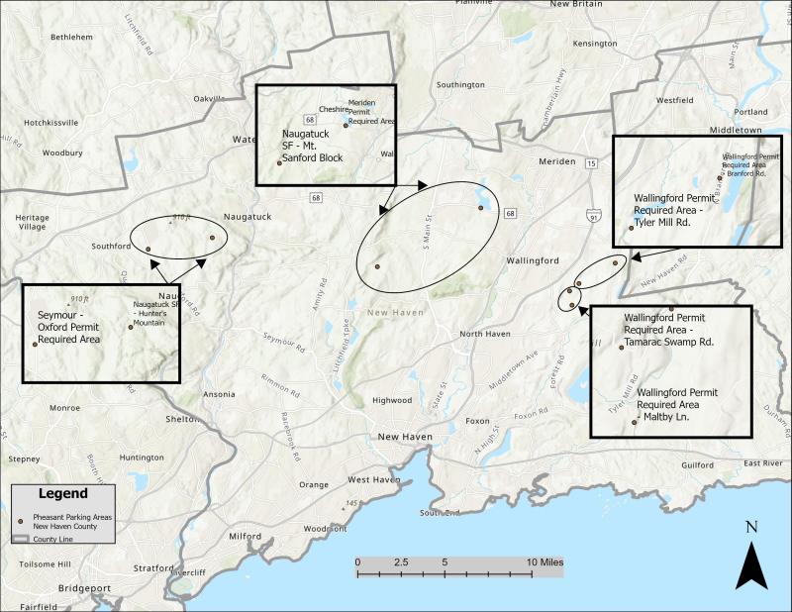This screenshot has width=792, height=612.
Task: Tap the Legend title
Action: coord(63,493)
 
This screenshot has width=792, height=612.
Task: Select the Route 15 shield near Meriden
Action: coord(591,162)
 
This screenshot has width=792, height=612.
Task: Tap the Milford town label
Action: coord(245,537)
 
